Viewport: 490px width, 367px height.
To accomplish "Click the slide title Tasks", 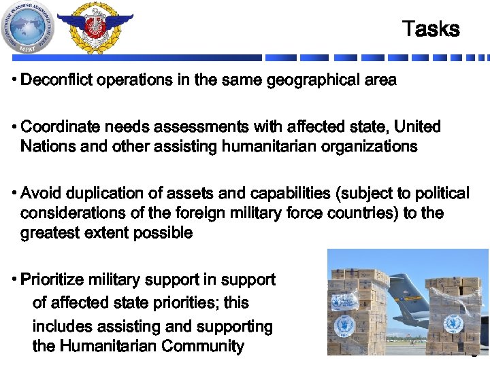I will point(431,29).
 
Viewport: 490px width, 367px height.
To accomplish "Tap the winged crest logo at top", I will point(95,27).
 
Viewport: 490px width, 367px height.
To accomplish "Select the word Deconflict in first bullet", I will point(57,80).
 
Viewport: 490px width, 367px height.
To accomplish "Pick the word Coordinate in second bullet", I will point(58,127).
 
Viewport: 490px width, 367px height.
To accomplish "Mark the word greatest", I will point(50,233).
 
